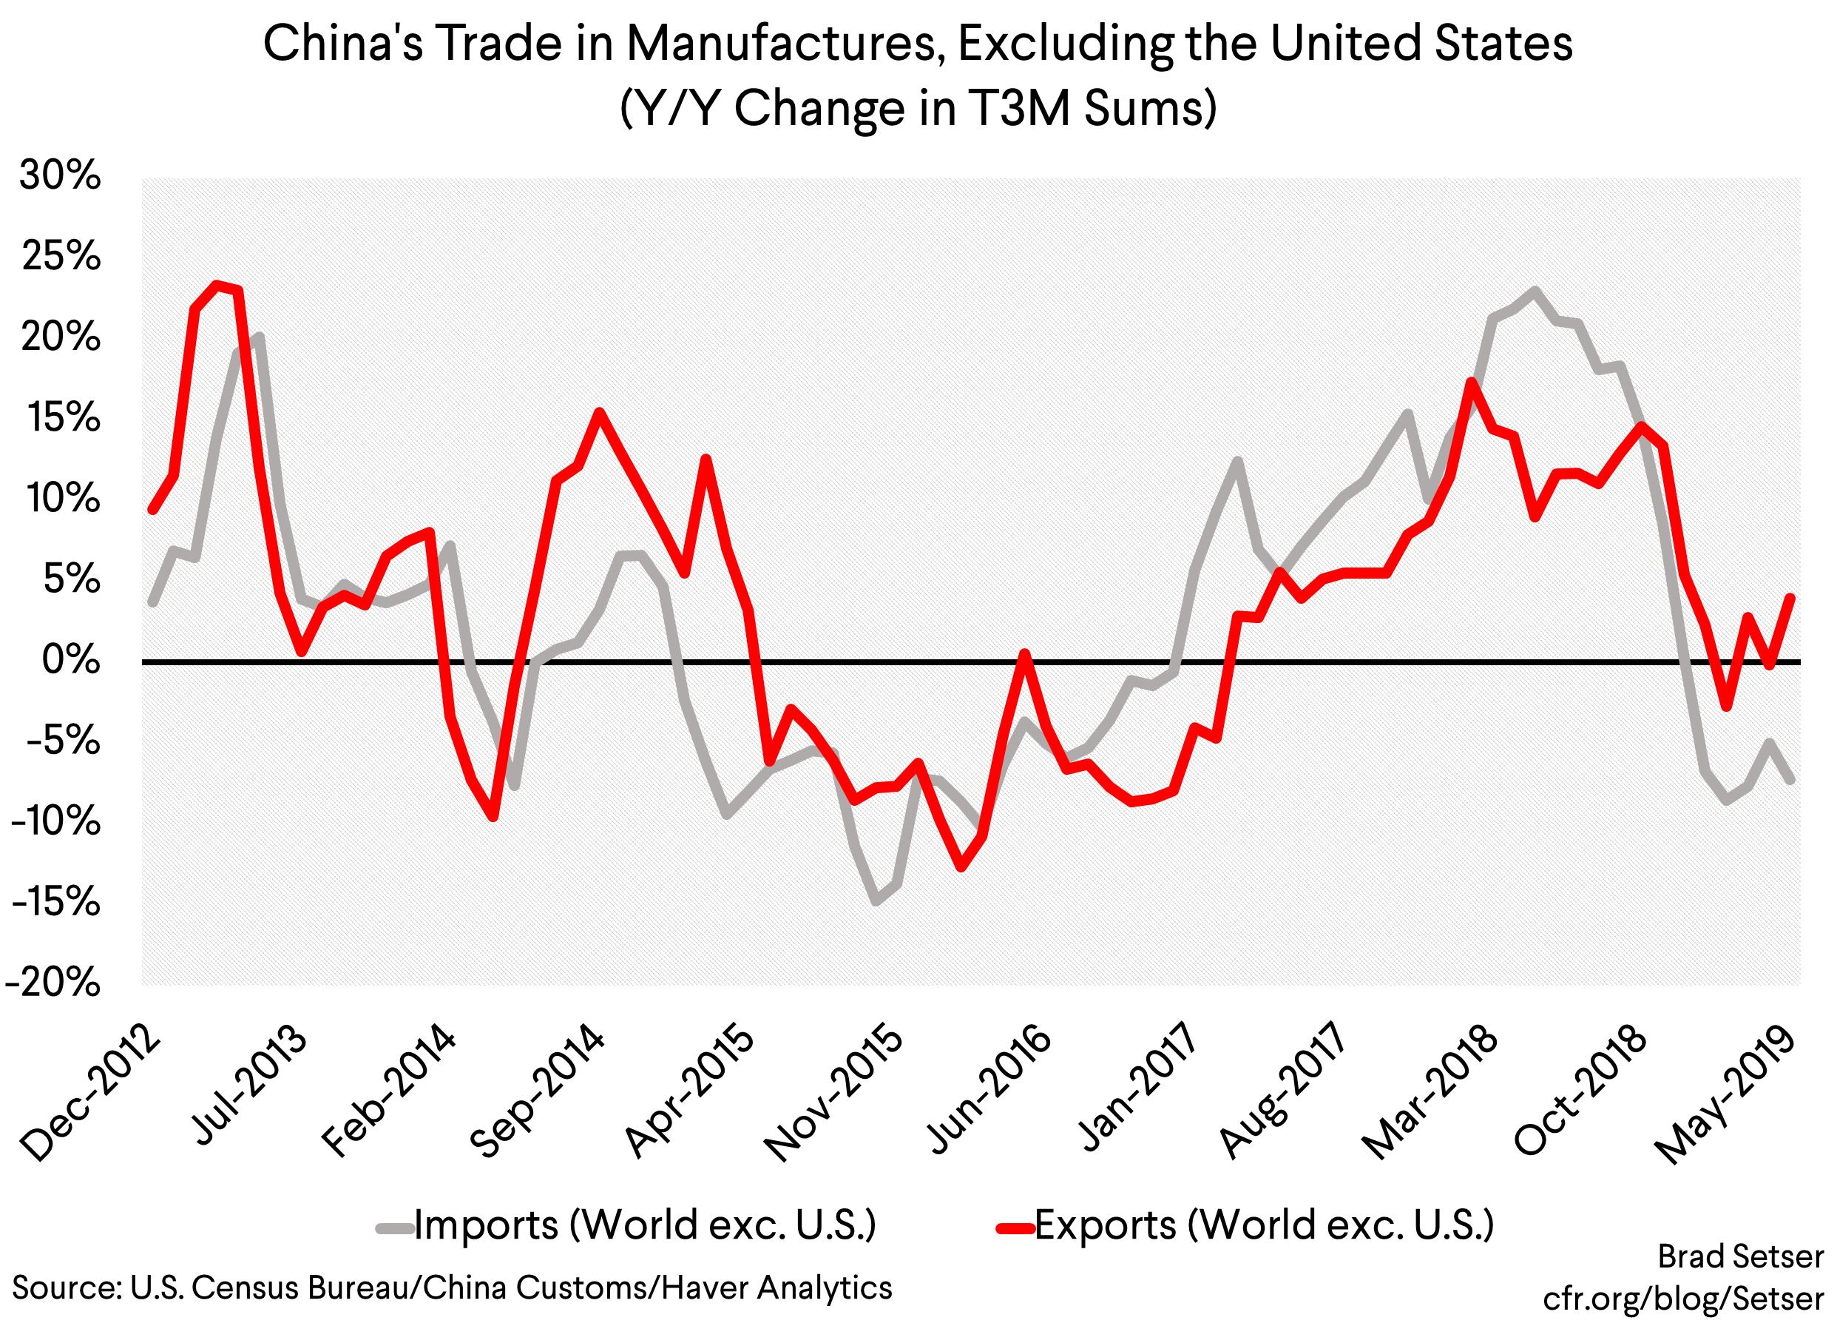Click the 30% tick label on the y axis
coord(60,175)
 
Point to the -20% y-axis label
coord(53,983)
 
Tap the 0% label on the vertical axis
coord(71,660)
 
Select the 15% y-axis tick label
coord(64,418)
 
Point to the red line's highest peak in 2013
coord(216,285)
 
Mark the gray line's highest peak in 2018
coord(1534,290)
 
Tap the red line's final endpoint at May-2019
coord(1791,598)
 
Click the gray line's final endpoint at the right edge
coord(1791,780)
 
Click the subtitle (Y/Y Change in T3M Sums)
coord(918,108)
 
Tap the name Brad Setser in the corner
coord(1740,1256)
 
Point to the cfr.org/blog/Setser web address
coord(1682,1299)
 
